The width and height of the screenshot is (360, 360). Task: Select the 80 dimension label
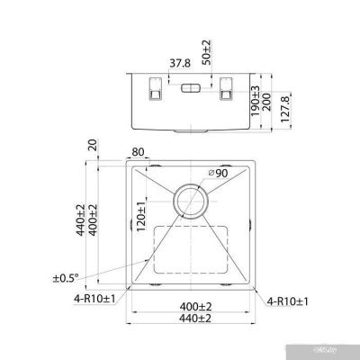coord(139,153)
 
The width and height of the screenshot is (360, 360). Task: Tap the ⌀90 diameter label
coord(216,173)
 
